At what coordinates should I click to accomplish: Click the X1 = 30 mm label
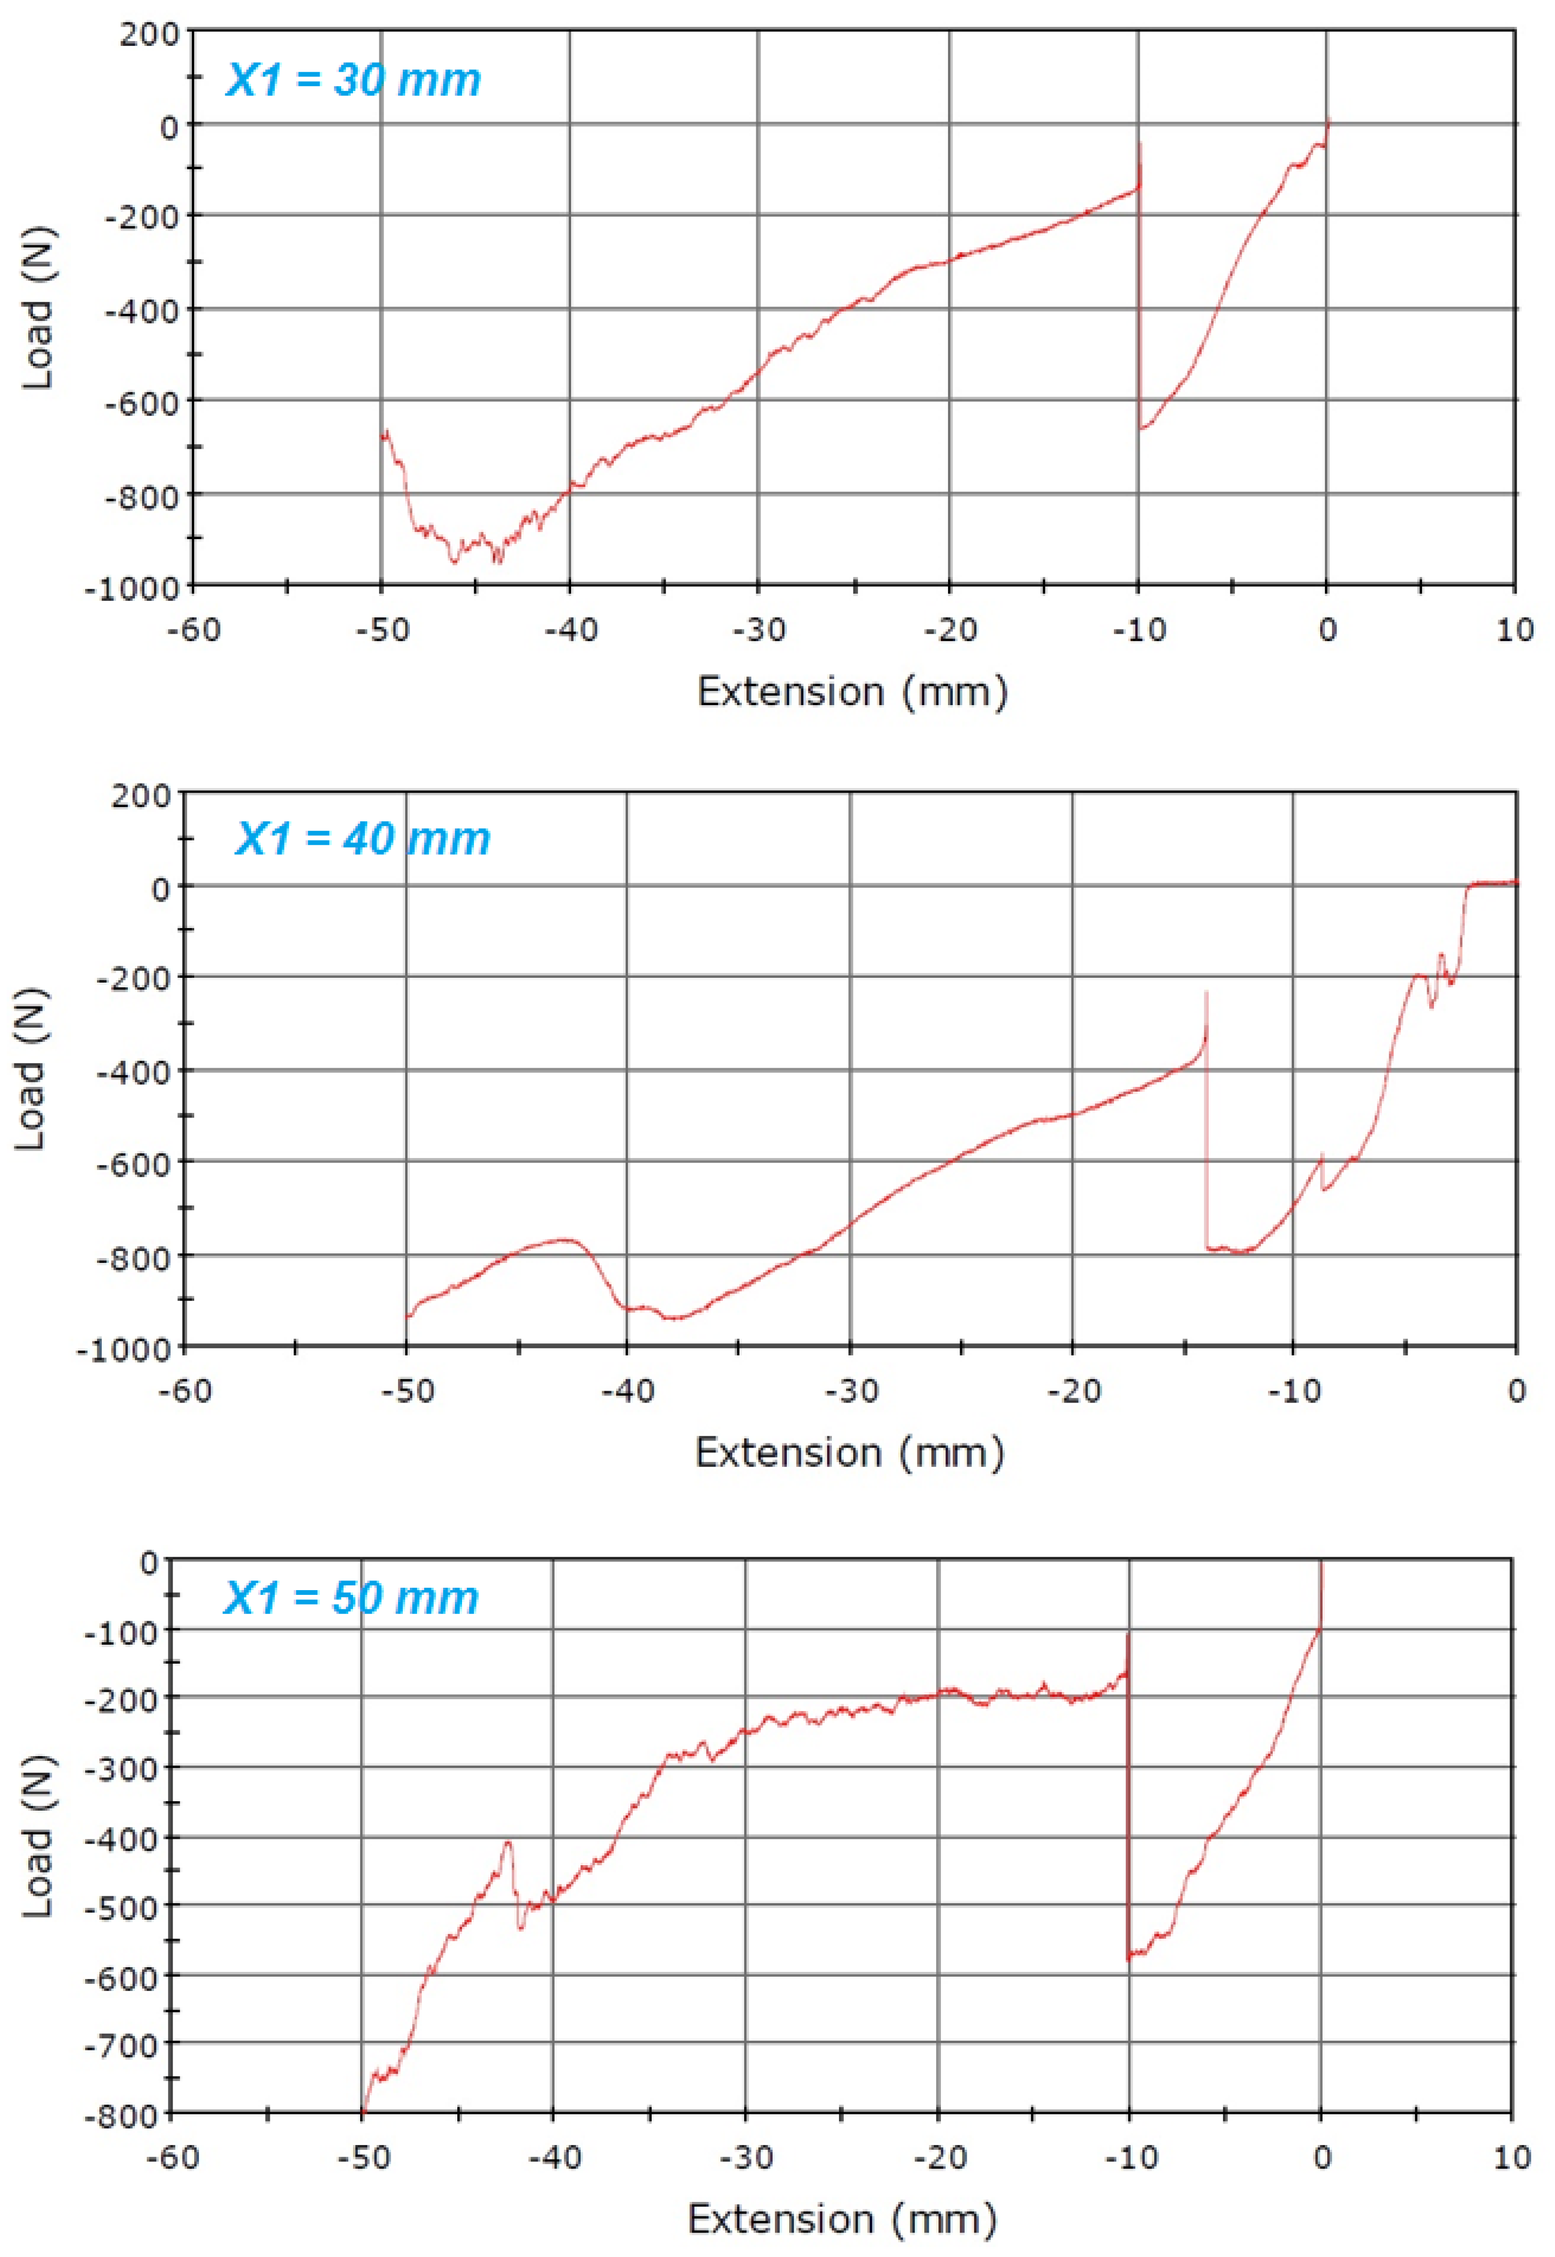353,80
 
